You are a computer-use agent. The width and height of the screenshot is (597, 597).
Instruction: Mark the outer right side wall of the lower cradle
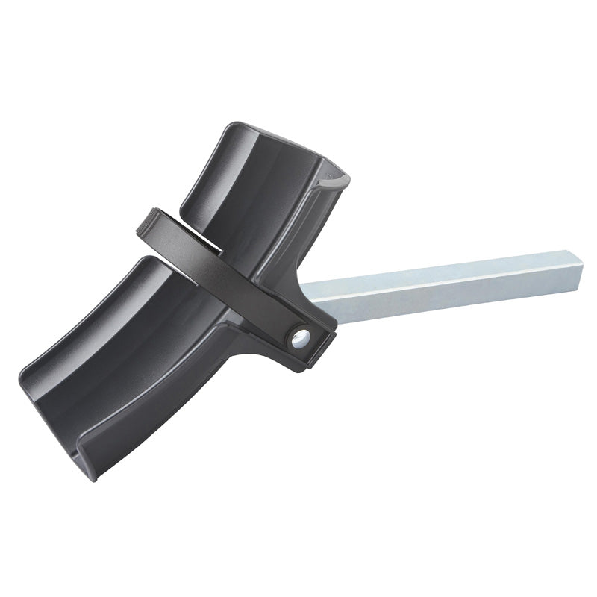point(201,373)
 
